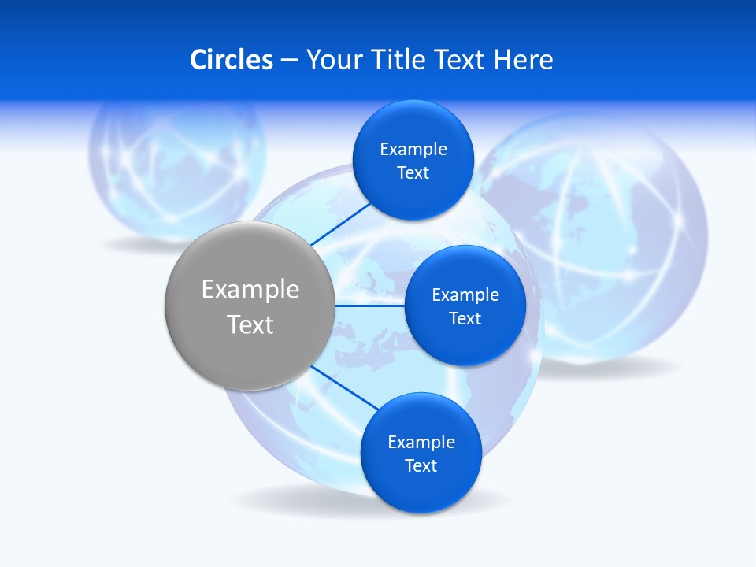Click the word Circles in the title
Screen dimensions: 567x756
pyautogui.click(x=232, y=60)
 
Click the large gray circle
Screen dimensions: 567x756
pyautogui.click(x=250, y=306)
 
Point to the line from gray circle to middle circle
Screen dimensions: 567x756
pyautogui.click(x=369, y=306)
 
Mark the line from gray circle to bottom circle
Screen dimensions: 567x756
pyautogui.click(x=346, y=388)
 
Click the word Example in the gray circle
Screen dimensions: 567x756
pyautogui.click(x=250, y=289)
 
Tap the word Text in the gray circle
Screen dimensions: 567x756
pyautogui.click(x=250, y=324)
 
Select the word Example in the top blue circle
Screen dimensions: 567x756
pyautogui.click(x=413, y=149)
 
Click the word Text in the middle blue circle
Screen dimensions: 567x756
pyautogui.click(x=465, y=318)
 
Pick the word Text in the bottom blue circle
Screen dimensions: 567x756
pyautogui.click(x=421, y=465)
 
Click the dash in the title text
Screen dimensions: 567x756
pyautogui.click(x=289, y=61)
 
